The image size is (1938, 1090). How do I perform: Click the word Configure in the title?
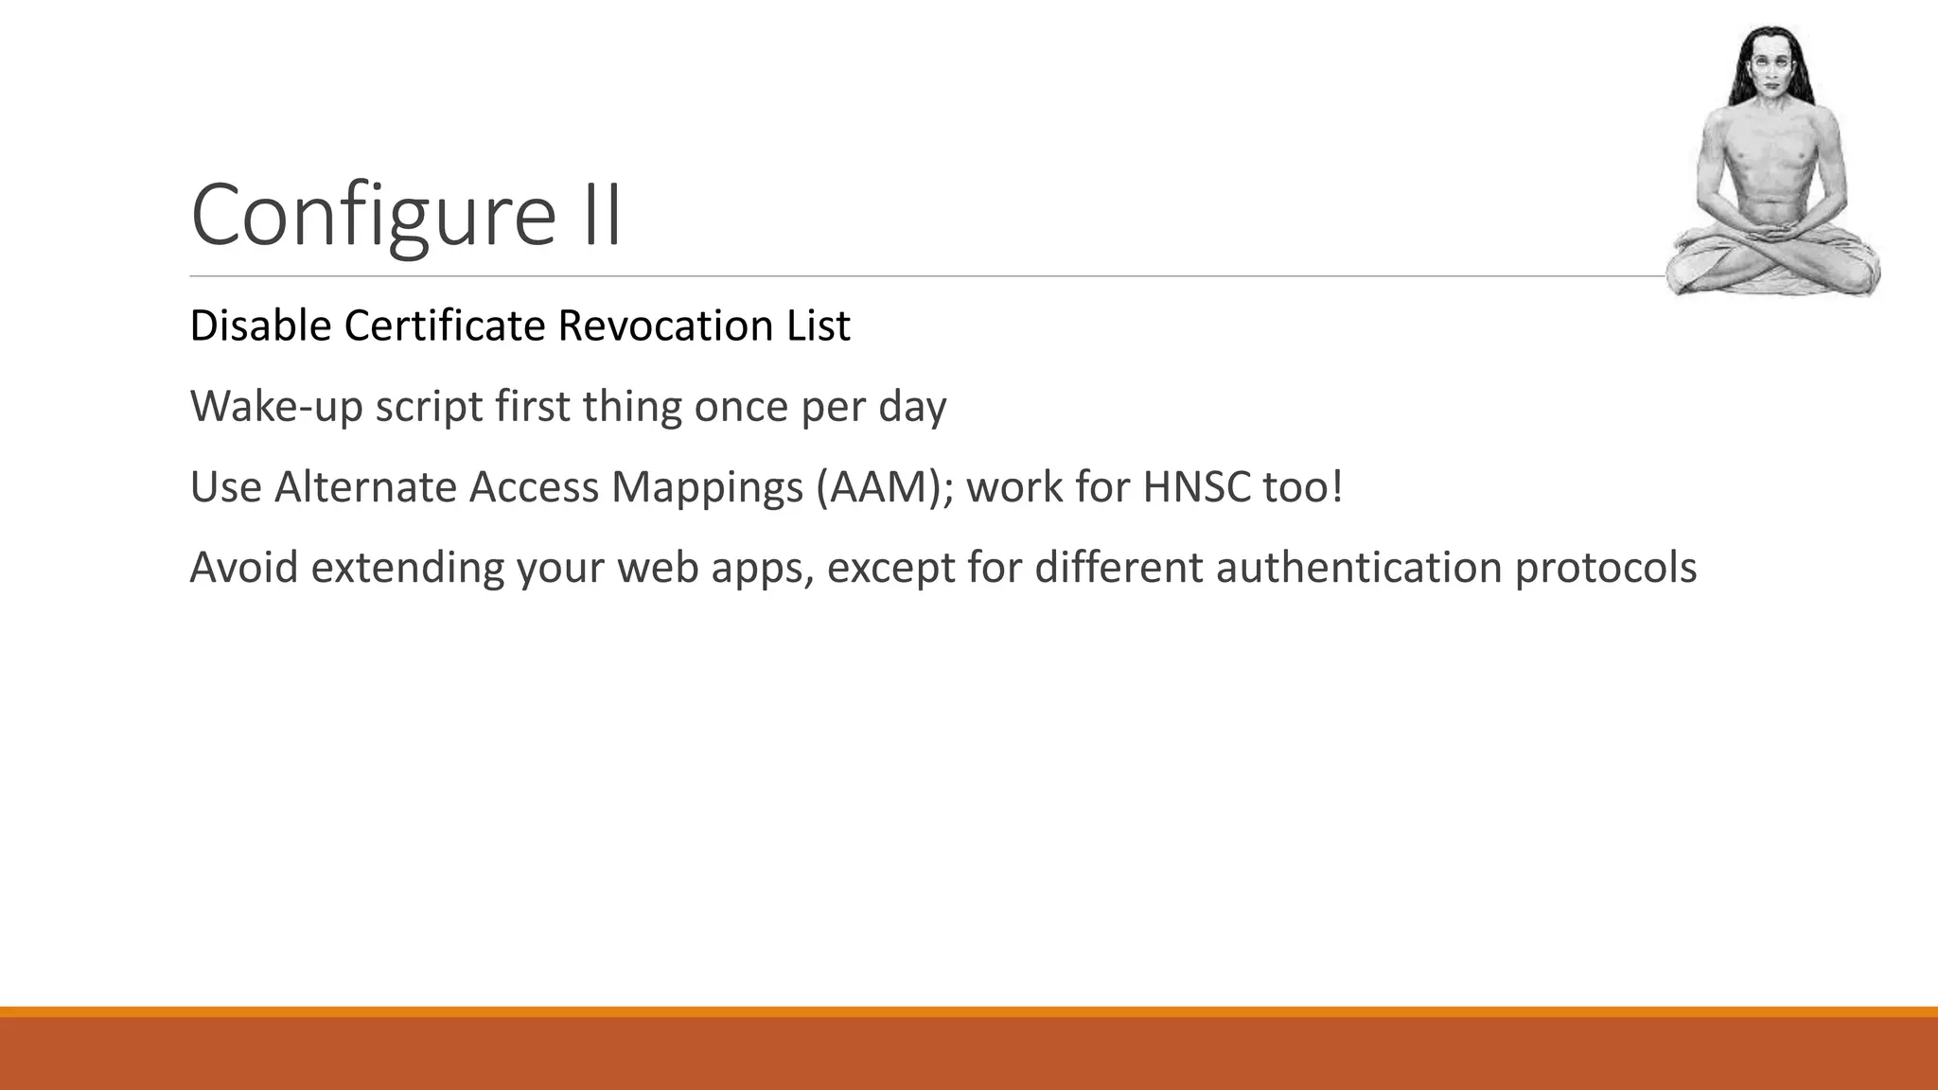pyautogui.click(x=373, y=216)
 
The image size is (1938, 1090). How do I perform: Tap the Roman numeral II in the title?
pyautogui.click(x=600, y=216)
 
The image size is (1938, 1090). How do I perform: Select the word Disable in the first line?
pyautogui.click(x=260, y=325)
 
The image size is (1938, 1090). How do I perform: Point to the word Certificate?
pyautogui.click(x=444, y=325)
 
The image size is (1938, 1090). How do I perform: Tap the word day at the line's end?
pyautogui.click(x=912, y=407)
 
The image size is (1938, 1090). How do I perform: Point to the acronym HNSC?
pyautogui.click(x=1196, y=487)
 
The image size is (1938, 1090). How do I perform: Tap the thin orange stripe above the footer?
pyautogui.click(x=969, y=1011)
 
